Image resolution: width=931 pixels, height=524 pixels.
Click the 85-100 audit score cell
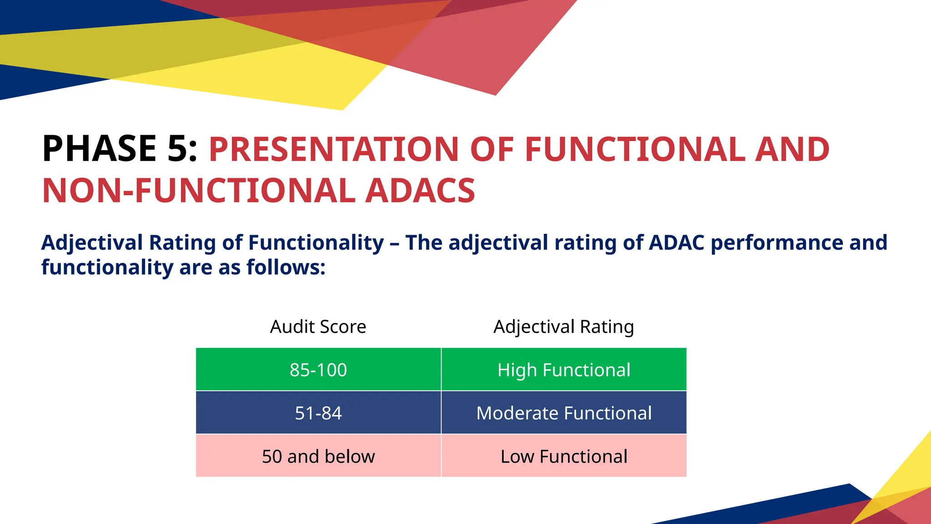coord(318,370)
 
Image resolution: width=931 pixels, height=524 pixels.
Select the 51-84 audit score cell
coord(318,413)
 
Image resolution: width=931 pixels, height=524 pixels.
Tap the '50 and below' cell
coord(318,456)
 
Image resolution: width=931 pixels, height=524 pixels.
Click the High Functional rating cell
coord(564,370)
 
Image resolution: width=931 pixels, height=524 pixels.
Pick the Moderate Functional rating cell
coord(564,413)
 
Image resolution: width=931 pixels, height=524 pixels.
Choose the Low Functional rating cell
coord(564,456)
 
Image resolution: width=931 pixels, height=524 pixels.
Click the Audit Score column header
coord(318,327)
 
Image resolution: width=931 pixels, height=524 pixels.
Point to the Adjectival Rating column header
coord(564,327)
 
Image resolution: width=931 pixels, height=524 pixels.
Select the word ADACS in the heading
coord(420,191)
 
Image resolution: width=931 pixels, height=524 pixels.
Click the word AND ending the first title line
coord(792,149)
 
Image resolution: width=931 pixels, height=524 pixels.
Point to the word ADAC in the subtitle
coord(676,242)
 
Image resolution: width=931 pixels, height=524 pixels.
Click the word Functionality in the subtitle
coord(316,242)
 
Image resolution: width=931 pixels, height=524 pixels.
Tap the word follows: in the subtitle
coord(286,267)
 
